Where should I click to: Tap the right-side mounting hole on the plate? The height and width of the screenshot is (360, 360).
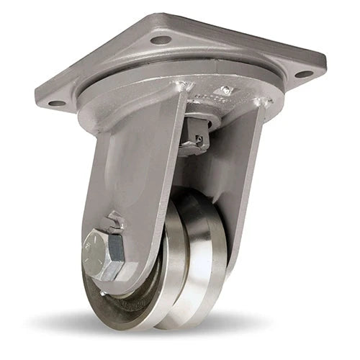click(303, 73)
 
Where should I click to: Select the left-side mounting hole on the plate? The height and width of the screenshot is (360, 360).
click(56, 103)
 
